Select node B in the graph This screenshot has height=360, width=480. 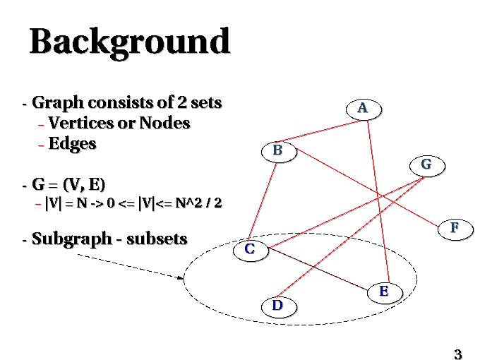[x=278, y=150]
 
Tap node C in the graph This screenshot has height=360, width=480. [x=251, y=249]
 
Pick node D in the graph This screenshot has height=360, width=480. [x=278, y=306]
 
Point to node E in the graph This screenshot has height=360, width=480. [x=383, y=291]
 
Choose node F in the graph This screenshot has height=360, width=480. [x=455, y=228]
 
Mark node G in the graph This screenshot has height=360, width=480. [x=426, y=165]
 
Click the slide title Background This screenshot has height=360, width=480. [x=130, y=42]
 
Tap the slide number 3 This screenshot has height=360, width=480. [x=457, y=354]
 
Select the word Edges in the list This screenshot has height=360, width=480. [x=72, y=144]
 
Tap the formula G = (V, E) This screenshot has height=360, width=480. [x=68, y=185]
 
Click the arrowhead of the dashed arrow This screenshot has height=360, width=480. [x=181, y=277]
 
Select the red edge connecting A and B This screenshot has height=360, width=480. [x=320, y=130]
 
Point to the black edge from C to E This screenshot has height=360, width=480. [x=318, y=270]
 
